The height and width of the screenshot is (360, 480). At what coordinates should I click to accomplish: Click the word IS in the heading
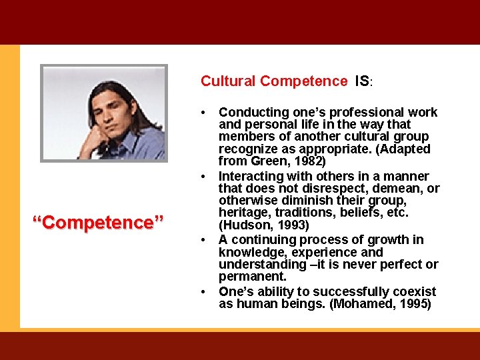(363, 81)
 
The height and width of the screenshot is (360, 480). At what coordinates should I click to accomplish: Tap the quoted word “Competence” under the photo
(98, 222)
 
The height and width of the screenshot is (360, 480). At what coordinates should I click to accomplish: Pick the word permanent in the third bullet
(251, 277)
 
